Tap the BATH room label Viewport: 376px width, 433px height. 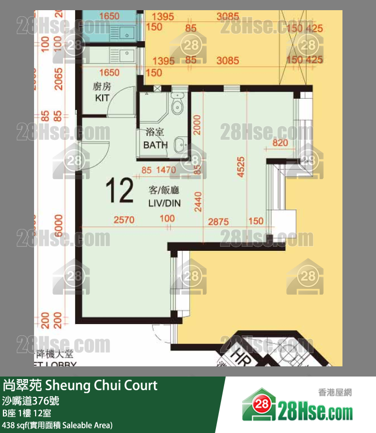pos(155,145)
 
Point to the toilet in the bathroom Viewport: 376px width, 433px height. pos(177,106)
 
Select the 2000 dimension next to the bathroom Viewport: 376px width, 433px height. pos(197,124)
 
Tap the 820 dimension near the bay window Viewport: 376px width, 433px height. pos(279,143)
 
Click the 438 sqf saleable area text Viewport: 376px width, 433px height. pos(57,425)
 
